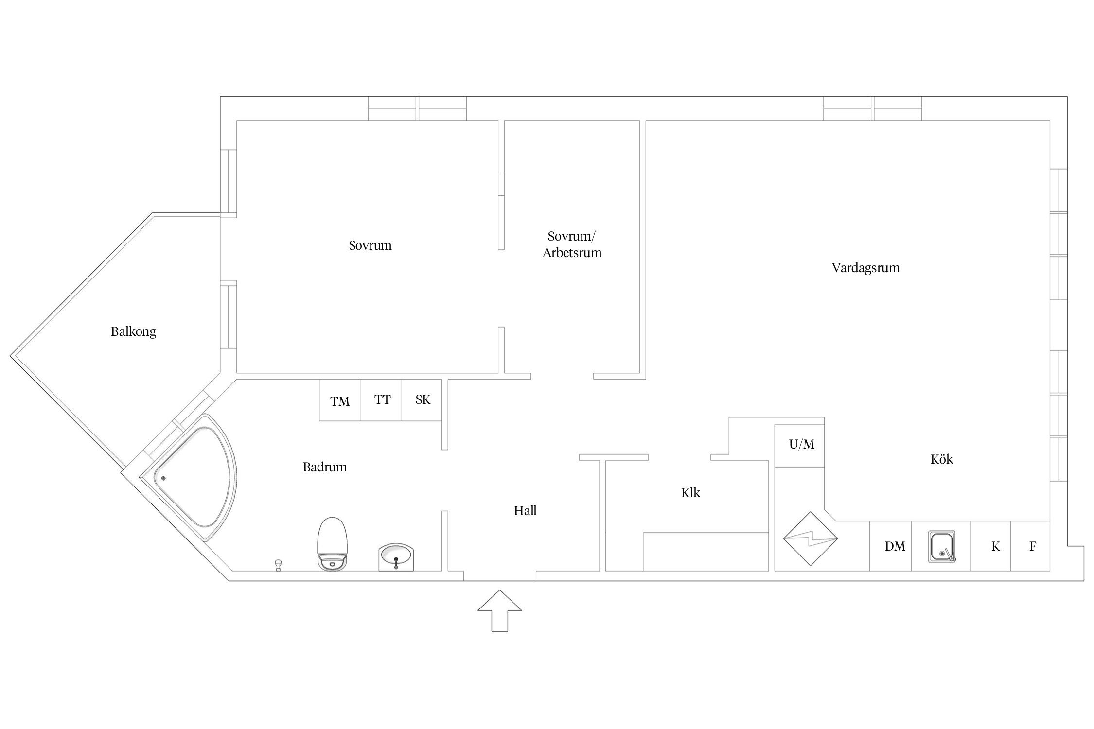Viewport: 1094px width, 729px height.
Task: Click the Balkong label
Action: point(133,332)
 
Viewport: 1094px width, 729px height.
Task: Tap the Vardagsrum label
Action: point(865,268)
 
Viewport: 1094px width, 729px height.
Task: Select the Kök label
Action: point(942,459)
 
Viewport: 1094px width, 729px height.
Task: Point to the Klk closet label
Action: point(690,493)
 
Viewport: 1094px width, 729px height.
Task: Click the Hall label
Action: point(525,511)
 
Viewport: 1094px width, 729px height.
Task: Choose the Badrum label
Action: point(325,467)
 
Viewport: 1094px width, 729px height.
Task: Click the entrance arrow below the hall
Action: point(499,611)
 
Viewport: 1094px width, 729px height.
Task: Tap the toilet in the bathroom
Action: point(333,544)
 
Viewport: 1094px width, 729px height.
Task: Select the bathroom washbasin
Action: point(396,557)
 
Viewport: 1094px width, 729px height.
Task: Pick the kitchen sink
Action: point(942,547)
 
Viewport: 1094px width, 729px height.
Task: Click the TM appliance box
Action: point(340,400)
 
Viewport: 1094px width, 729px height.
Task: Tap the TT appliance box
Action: point(381,400)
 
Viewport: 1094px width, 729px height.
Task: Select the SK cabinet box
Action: point(422,400)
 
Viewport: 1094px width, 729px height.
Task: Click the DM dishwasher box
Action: point(890,546)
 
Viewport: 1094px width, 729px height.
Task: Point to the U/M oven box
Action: point(799,446)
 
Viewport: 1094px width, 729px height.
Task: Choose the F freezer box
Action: point(1030,546)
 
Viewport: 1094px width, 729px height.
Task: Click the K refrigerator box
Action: point(991,546)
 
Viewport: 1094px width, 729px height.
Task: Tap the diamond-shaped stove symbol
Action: point(811,538)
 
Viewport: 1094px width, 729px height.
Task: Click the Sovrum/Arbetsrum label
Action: point(572,244)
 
